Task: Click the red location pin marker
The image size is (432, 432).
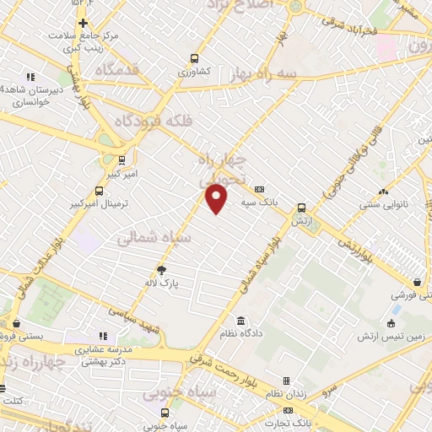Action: [x=218, y=199]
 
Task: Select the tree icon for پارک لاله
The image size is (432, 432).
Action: [x=160, y=270]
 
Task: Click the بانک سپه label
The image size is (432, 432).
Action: [x=259, y=202]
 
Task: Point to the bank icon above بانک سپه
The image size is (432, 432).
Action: [x=259, y=189]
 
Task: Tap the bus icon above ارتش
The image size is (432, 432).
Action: [x=301, y=208]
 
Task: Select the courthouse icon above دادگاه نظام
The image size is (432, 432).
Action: [x=242, y=321]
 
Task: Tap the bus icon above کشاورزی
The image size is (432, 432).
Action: [x=195, y=59]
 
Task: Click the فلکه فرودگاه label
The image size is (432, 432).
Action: [x=169, y=121]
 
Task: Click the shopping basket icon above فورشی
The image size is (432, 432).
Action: [x=417, y=283]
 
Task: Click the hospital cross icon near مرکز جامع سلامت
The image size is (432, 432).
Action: [x=82, y=23]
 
